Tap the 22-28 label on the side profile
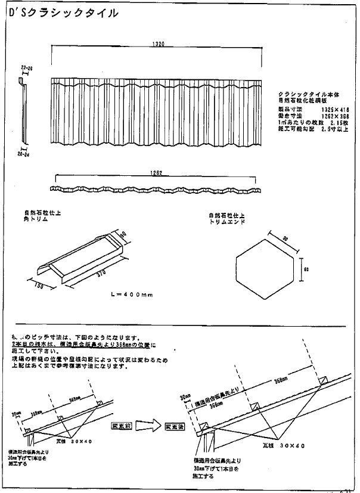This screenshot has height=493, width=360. pyautogui.click(x=26, y=69)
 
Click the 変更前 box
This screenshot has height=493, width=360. pyautogui.click(x=121, y=427)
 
